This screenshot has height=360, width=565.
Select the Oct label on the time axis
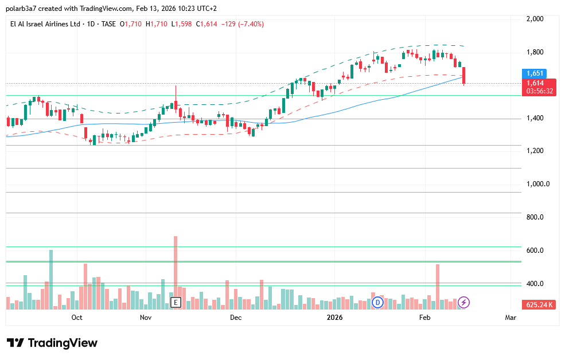point(77,317)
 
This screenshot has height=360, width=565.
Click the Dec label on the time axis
point(236,317)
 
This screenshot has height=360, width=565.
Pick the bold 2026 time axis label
point(334,317)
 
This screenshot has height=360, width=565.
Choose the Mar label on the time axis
point(511,317)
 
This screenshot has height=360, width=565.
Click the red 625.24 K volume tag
point(538,304)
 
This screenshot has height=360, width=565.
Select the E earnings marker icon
point(176,302)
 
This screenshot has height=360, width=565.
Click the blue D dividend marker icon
point(377,302)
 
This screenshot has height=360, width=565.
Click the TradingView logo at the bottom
point(53,343)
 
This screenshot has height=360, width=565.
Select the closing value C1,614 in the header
point(207,24)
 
